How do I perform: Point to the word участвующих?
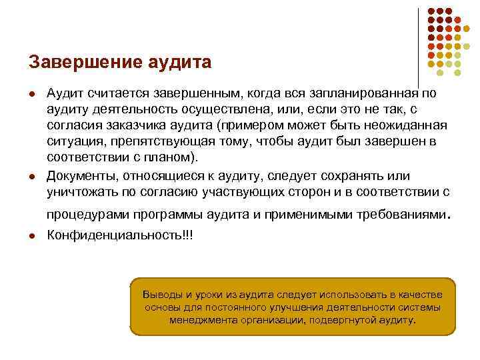243,192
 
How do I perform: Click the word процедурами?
89,215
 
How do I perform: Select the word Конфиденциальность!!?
119,235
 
